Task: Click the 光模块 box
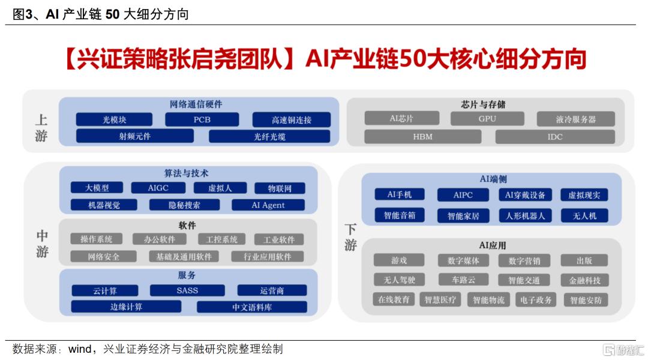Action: click(114, 119)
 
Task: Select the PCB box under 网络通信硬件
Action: click(202, 119)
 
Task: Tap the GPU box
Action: click(487, 119)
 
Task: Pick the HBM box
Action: click(423, 137)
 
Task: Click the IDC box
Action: click(555, 137)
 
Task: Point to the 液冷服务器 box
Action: click(575, 119)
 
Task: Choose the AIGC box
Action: click(158, 188)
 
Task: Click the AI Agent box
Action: click(268, 205)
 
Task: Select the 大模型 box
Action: click(97, 188)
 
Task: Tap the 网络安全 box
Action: click(103, 257)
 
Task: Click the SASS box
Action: click(187, 290)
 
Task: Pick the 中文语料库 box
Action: click(252, 307)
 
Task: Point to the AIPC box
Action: click(463, 194)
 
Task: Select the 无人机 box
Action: click(584, 215)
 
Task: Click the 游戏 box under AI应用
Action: click(399, 260)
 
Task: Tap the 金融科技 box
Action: click(584, 280)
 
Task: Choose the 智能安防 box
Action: click(586, 300)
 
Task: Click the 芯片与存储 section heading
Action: click(483, 104)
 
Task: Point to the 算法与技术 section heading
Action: click(186, 173)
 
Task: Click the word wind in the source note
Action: click(80, 349)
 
